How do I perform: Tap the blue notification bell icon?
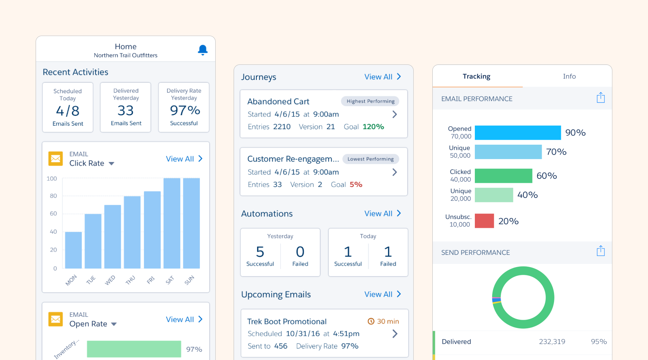[203, 50]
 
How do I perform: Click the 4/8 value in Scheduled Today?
[68, 111]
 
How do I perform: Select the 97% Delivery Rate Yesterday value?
[185, 110]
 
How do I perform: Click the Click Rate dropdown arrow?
[112, 163]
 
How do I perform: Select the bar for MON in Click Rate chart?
[73, 250]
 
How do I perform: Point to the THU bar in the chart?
[132, 232]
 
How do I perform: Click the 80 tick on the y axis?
[53, 196]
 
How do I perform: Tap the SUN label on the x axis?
[189, 280]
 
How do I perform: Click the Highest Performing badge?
[370, 101]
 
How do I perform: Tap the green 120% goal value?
[373, 127]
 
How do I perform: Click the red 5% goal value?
[356, 184]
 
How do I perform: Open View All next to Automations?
[382, 213]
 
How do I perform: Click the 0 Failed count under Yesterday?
[300, 252]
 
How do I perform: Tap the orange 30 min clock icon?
[371, 321]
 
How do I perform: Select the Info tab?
[569, 76]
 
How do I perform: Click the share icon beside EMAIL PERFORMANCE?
[600, 98]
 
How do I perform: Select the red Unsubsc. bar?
[484, 221]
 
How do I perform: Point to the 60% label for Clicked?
[546, 176]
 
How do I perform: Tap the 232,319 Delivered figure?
[552, 342]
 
